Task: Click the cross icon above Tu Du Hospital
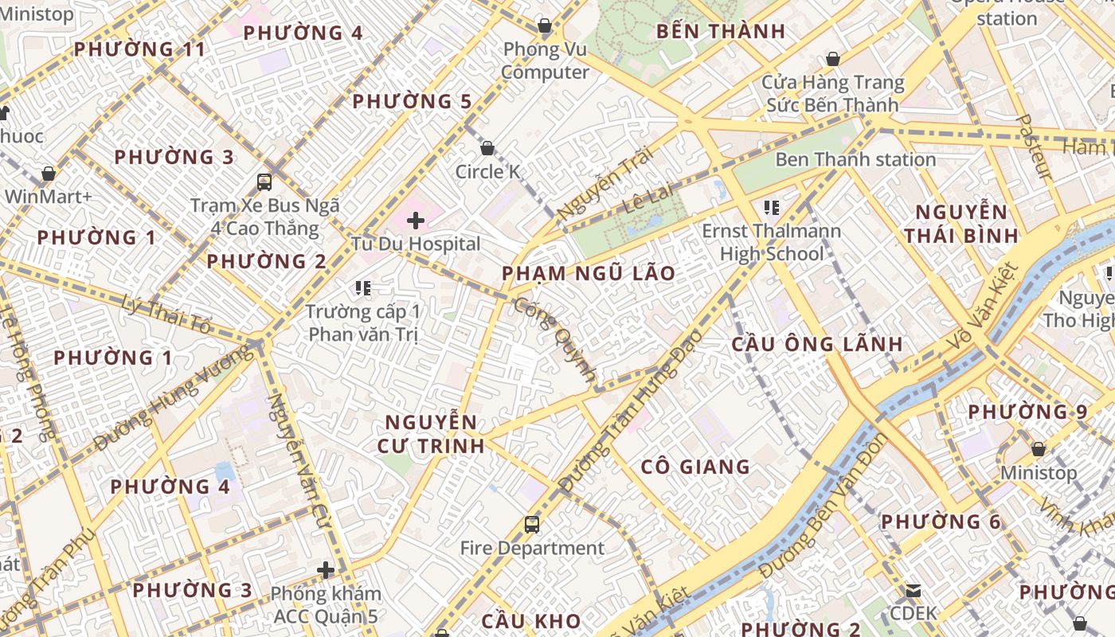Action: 416,220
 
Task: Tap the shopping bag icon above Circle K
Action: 487,148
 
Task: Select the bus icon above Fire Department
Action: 532,525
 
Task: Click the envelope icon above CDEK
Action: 914,591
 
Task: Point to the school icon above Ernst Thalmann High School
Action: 771,209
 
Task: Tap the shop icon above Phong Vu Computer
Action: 545,26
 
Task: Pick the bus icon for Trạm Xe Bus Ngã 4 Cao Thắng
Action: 264,182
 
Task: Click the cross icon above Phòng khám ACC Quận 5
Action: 326,570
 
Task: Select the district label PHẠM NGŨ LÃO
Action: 589,274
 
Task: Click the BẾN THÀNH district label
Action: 721,32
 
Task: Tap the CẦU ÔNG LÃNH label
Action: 817,344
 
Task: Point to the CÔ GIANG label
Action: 695,467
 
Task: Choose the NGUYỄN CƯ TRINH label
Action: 431,434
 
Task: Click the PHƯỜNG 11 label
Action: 139,49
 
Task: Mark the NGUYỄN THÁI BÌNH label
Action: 961,224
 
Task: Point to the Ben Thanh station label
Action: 855,159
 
